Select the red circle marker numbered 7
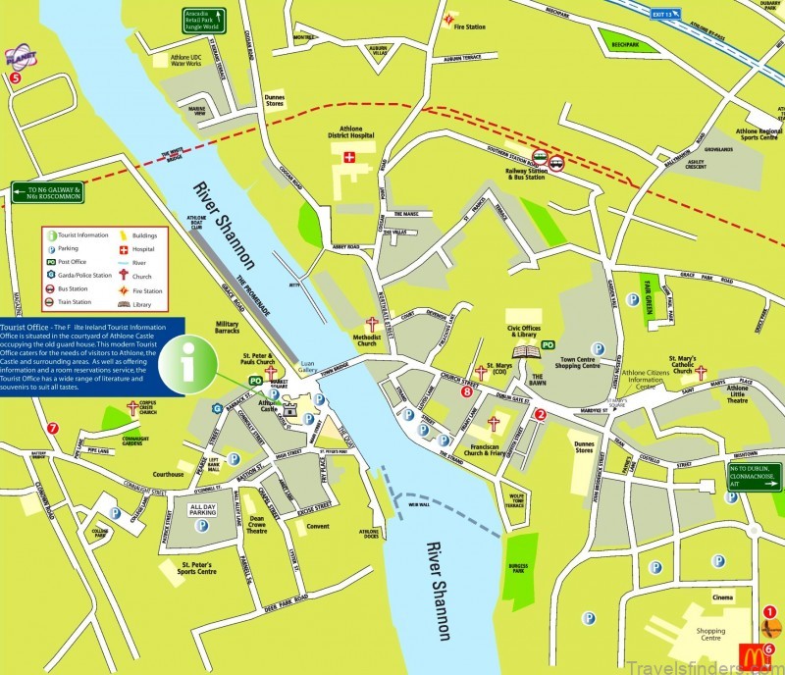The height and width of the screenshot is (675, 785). pos(53,428)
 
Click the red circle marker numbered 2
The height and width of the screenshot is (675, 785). pos(539,414)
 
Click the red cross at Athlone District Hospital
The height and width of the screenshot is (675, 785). pos(348,157)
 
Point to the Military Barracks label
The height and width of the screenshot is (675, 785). pos(228,330)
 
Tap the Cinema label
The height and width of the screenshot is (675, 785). pos(721,597)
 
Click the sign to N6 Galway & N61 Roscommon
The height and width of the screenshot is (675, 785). pos(48,192)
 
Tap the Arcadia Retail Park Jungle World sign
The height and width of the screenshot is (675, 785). pos(204,20)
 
